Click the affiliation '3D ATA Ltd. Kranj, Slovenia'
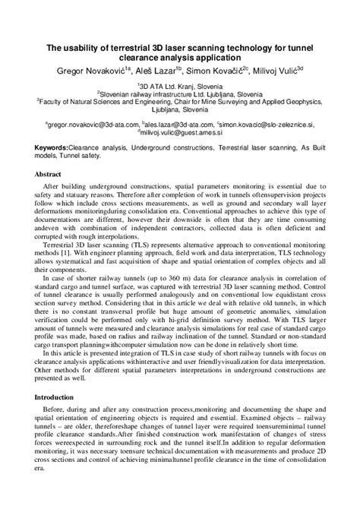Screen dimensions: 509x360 pyautogui.click(x=182, y=87)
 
